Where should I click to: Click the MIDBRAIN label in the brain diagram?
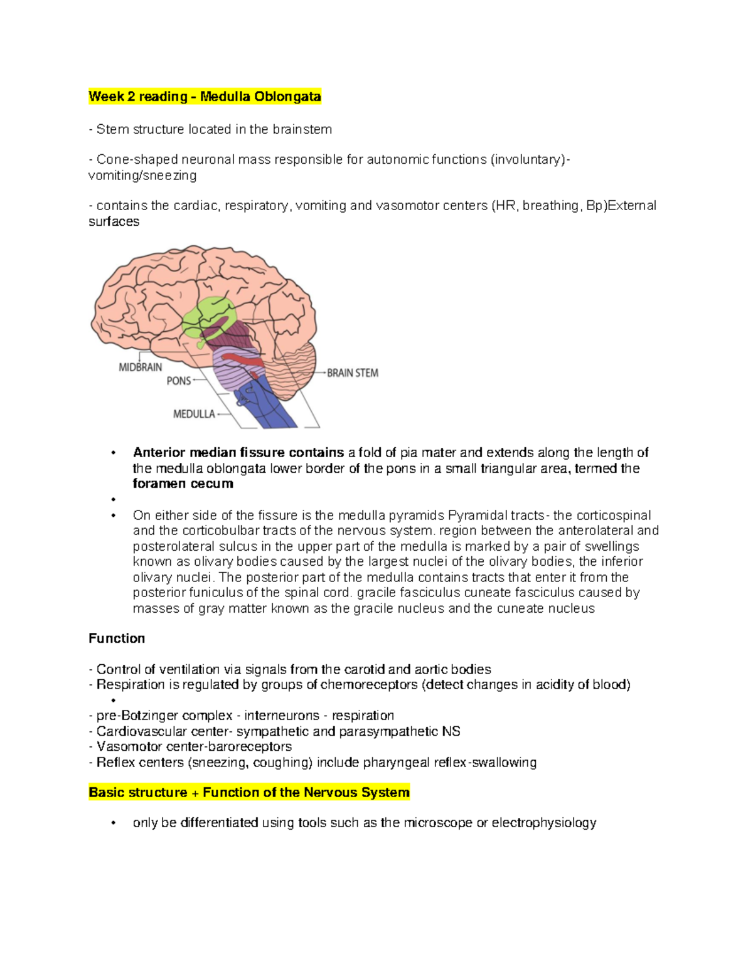[141, 368]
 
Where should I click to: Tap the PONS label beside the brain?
[179, 381]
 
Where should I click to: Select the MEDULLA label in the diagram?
[194, 414]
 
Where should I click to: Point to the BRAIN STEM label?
[353, 373]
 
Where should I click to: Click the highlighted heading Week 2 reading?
[205, 97]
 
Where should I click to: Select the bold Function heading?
[117, 638]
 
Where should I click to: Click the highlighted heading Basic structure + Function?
[249, 793]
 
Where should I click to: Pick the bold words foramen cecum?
[183, 484]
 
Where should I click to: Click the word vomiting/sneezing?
[142, 176]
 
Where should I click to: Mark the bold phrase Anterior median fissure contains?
[238, 453]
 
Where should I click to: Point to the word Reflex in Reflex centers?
[114, 763]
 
